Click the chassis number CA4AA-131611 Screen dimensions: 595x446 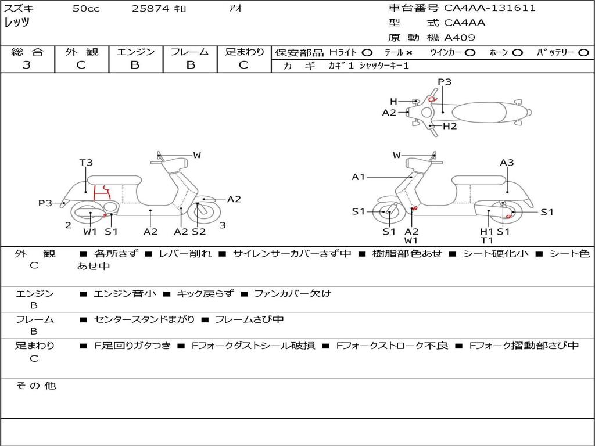pyautogui.click(x=489, y=8)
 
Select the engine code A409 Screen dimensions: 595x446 pyautogui.click(x=459, y=38)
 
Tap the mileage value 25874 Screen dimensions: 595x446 pyautogui.click(x=150, y=8)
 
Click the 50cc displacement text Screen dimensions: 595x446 pyautogui.click(x=86, y=8)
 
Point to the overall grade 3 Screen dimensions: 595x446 pyautogui.click(x=27, y=64)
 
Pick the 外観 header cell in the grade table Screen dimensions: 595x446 pyautogui.click(x=81, y=52)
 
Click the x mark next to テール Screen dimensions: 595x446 pyautogui.click(x=408, y=53)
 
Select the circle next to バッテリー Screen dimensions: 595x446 pyautogui.click(x=583, y=53)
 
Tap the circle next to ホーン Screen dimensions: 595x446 pyautogui.click(x=518, y=53)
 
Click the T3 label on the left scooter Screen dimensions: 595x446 pyautogui.click(x=86, y=163)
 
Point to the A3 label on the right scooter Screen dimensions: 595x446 pyautogui.click(x=507, y=163)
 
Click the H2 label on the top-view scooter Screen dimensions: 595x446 pyautogui.click(x=450, y=126)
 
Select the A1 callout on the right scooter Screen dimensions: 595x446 pyautogui.click(x=358, y=177)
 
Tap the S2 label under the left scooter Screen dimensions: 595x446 pyautogui.click(x=199, y=231)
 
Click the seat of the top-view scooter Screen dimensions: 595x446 pyautogui.click(x=479, y=112)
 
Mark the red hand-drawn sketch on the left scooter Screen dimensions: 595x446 pyautogui.click(x=102, y=192)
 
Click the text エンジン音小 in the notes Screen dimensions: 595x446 pyautogui.click(x=124, y=293)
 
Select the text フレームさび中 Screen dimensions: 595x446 pyautogui.click(x=249, y=320)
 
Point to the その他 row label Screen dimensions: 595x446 pyautogui.click(x=36, y=386)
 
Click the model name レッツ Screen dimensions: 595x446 pyautogui.click(x=17, y=23)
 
